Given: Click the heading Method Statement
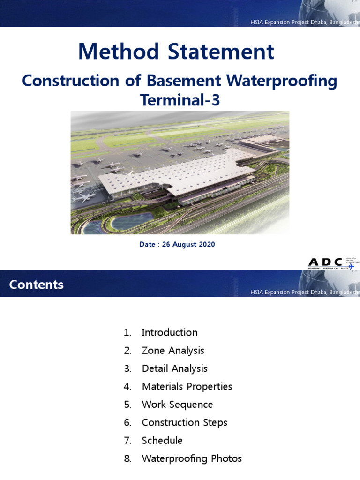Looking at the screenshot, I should click(176, 52).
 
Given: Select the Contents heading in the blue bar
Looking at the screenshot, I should click(37, 285).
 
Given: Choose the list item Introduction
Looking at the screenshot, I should click(170, 333).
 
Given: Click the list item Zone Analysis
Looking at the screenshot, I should click(173, 351).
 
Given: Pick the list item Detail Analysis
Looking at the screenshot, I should click(174, 368).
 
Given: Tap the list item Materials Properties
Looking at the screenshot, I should click(187, 387).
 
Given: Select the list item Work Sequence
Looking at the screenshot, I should click(177, 405).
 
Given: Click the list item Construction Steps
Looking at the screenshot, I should click(184, 422).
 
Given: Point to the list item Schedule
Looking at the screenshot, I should click(162, 441).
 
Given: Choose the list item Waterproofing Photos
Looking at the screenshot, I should click(192, 458).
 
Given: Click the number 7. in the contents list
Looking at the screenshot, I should click(127, 441).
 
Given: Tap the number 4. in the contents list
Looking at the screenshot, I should click(127, 387).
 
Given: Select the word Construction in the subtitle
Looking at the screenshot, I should click(69, 81).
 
